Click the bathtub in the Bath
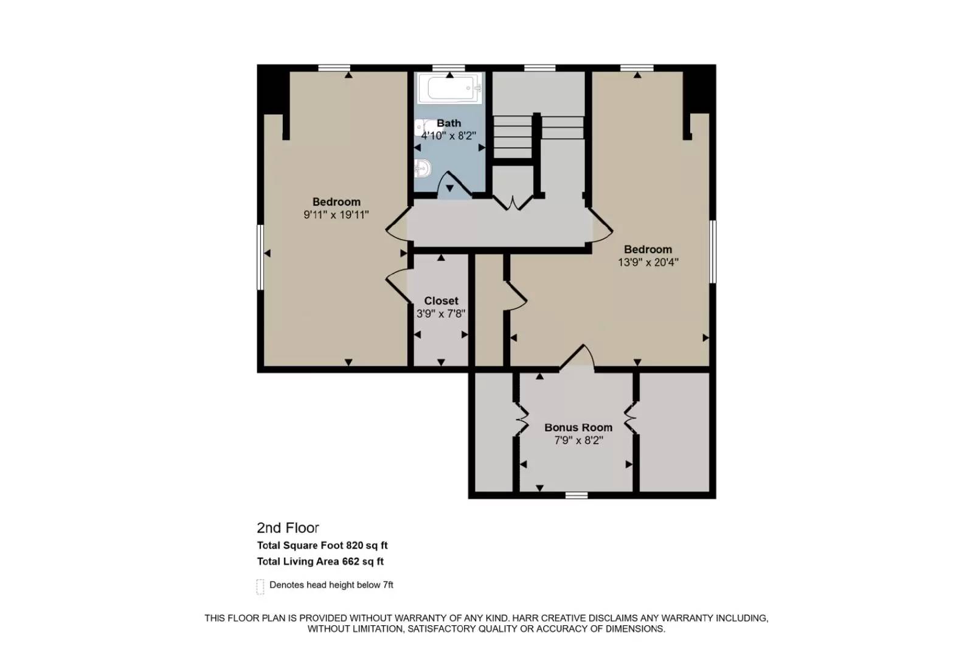tap(451, 89)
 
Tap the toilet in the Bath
tap(424, 167)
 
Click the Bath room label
tap(449, 123)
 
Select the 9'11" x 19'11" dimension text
tap(336, 215)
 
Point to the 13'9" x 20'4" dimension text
tap(648, 262)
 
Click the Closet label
tap(441, 300)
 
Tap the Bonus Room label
tap(578, 427)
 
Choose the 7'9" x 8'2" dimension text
tap(578, 440)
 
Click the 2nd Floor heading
tap(288, 528)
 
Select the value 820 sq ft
tap(367, 546)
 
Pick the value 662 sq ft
tap(363, 561)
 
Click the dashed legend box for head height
tap(260, 586)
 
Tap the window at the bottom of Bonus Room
tap(577, 495)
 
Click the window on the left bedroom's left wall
tap(260, 257)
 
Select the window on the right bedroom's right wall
tap(713, 251)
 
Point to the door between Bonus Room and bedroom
tap(577, 358)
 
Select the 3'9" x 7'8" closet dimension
tap(441, 314)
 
